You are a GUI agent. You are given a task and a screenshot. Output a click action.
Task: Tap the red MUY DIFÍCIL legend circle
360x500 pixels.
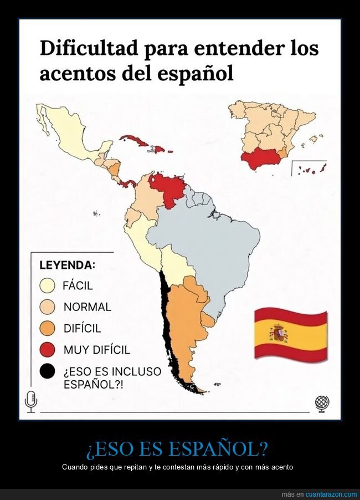(x=48, y=350)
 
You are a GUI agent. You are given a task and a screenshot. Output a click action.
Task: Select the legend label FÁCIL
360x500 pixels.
(x=78, y=286)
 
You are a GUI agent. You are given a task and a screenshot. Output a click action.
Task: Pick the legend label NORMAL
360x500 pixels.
(x=87, y=307)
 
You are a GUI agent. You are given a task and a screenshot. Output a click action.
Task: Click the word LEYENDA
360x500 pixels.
(x=67, y=264)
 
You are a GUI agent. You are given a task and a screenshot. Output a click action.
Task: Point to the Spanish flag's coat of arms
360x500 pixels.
(x=278, y=334)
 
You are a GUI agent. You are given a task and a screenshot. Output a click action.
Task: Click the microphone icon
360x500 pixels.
(x=31, y=401)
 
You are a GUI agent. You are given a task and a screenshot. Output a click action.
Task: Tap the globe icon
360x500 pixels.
(x=322, y=402)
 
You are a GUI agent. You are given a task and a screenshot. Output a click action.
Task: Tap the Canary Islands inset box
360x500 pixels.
(x=309, y=169)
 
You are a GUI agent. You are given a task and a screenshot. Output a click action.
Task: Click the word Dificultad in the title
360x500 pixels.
(x=89, y=48)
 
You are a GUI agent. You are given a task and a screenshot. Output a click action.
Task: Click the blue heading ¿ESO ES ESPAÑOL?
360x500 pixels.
(x=180, y=448)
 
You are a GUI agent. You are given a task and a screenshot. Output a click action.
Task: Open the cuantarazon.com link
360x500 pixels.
(x=331, y=494)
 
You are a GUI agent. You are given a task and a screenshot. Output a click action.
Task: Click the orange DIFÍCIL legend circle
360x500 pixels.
(x=48, y=328)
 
